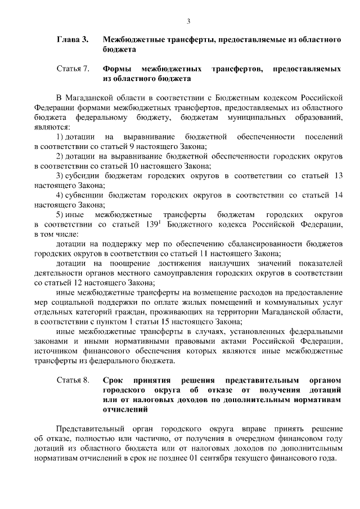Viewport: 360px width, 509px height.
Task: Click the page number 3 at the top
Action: pyautogui.click(x=188, y=21)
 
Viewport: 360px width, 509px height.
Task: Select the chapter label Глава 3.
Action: pyautogui.click(x=73, y=40)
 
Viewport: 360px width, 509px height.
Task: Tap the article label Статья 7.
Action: pyautogui.click(x=73, y=69)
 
